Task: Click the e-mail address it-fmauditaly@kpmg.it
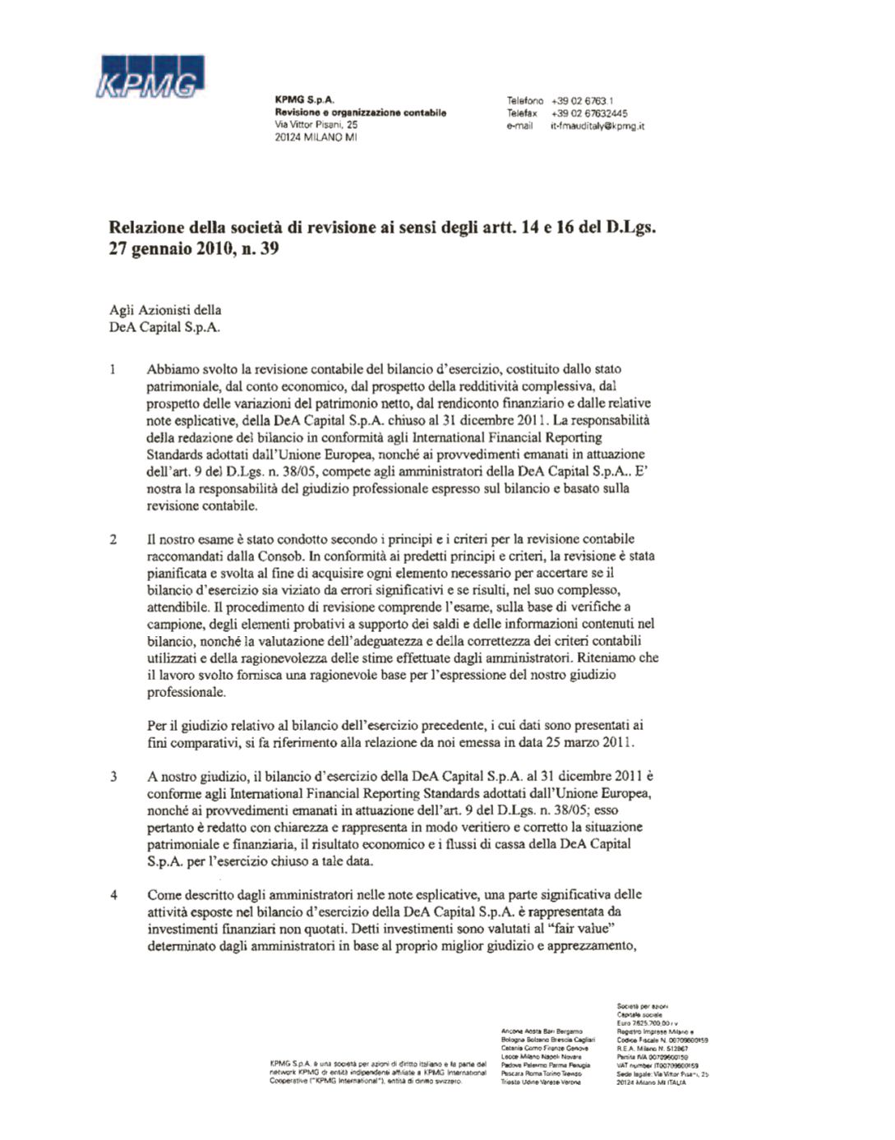click(x=597, y=126)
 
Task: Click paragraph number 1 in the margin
click(x=113, y=369)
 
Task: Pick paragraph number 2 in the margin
click(x=113, y=539)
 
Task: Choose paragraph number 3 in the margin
click(x=113, y=776)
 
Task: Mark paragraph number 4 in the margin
click(x=113, y=894)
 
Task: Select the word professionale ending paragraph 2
click(x=186, y=692)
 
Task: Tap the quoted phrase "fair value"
click(x=580, y=928)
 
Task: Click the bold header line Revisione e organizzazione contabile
click(x=360, y=113)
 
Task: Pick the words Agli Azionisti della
click(x=165, y=310)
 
